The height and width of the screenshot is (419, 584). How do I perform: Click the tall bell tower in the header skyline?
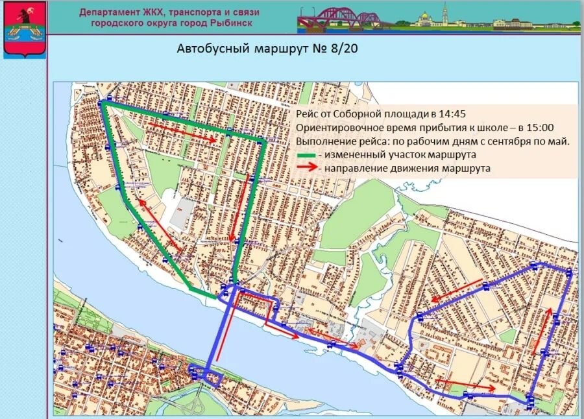click(444, 14)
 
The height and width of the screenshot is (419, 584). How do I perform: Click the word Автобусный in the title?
click(208, 50)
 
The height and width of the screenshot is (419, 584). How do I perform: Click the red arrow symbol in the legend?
click(306, 168)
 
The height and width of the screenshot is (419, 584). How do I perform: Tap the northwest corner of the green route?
click(103, 103)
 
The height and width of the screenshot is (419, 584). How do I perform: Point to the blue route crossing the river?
click(212, 337)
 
